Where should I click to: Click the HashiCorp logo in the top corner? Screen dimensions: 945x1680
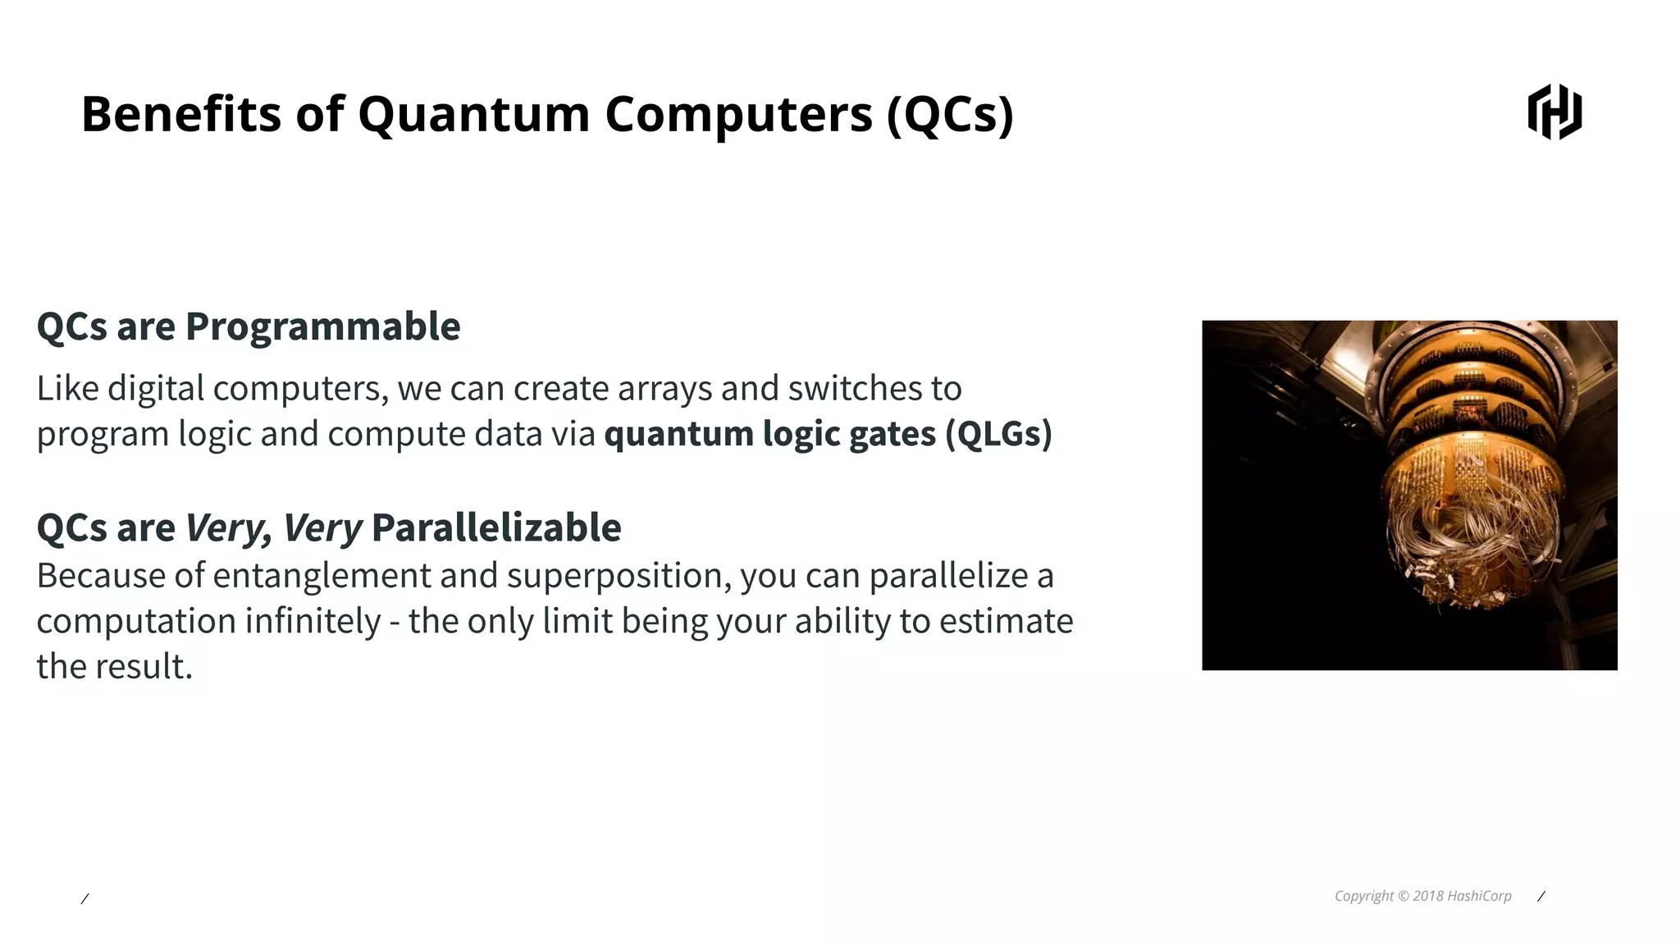click(x=1554, y=112)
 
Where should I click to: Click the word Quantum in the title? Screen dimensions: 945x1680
click(x=473, y=113)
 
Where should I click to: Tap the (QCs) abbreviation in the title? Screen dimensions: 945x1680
click(x=950, y=113)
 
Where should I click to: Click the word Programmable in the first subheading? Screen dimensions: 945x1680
click(x=322, y=326)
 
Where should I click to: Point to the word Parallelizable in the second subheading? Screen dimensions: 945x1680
click(x=495, y=527)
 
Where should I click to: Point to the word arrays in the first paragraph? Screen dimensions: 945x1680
click(x=664, y=389)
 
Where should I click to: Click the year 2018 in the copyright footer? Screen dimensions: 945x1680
click(x=1427, y=896)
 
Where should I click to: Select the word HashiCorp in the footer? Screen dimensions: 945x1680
click(x=1479, y=896)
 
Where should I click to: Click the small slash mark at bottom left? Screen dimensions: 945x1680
click(x=84, y=899)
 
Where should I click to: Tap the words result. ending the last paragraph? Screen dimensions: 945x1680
click(x=143, y=667)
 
